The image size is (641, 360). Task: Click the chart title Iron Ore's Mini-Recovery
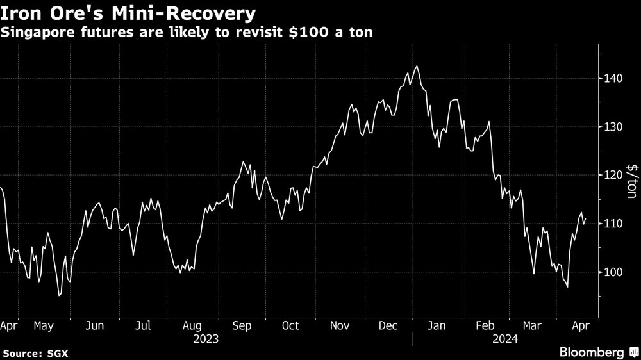[x=128, y=13]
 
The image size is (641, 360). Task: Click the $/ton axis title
[x=632, y=181]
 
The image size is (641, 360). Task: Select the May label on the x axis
[x=44, y=325]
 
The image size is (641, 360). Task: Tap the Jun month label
[x=94, y=325]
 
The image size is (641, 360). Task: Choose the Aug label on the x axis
[x=193, y=325]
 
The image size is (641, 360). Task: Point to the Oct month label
[x=290, y=325]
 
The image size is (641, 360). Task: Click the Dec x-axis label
[x=389, y=325]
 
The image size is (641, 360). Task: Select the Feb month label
[x=487, y=325]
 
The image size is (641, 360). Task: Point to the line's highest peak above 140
[x=417, y=66]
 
